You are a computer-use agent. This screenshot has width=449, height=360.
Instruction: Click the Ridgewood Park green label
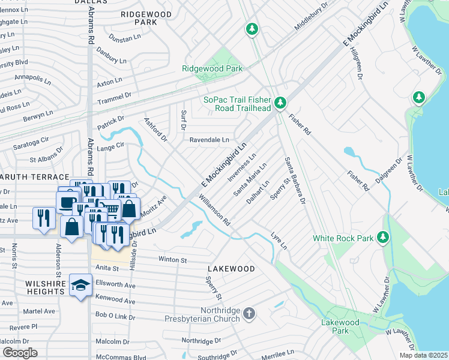pyautogui.click(x=212, y=69)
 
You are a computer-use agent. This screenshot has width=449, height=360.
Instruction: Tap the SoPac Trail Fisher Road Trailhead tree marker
pyautogui.click(x=280, y=104)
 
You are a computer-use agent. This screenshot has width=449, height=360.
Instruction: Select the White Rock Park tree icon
pyautogui.click(x=382, y=238)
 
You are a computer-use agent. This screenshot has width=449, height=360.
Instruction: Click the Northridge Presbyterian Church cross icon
pyautogui.click(x=250, y=313)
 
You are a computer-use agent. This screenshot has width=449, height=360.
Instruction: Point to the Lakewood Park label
pyautogui.click(x=340, y=326)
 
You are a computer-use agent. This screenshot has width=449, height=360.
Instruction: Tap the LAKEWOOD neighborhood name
pyautogui.click(x=231, y=269)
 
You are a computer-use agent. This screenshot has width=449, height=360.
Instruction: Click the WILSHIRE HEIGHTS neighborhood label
pyautogui.click(x=36, y=287)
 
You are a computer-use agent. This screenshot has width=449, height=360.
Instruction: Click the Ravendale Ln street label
pyautogui.click(x=209, y=140)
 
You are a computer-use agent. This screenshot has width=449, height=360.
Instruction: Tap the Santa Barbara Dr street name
pyautogui.click(x=295, y=180)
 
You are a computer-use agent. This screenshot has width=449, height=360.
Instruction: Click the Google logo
pyautogui.click(x=20, y=353)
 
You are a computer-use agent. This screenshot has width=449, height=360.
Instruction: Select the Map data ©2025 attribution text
pyautogui.click(x=423, y=355)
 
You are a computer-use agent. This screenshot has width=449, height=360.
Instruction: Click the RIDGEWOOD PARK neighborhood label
pyautogui.click(x=146, y=18)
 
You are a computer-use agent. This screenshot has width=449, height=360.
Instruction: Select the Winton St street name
pyautogui.click(x=173, y=260)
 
